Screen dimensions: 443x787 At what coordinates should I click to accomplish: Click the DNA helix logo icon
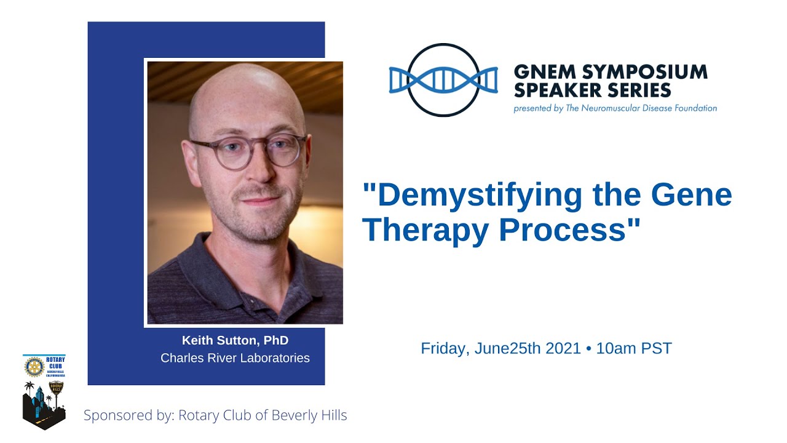tap(443, 80)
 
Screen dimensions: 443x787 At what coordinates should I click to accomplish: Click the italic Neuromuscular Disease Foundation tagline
tap(615, 108)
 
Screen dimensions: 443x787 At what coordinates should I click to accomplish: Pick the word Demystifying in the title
tap(473, 196)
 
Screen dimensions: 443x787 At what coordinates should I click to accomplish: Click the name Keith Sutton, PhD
tap(235, 341)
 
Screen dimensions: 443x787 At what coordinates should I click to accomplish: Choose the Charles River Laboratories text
tap(235, 358)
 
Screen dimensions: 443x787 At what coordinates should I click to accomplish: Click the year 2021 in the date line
tap(561, 348)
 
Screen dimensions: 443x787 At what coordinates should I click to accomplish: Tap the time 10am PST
tap(634, 348)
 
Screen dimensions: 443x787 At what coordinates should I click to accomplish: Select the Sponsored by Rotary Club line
tap(215, 415)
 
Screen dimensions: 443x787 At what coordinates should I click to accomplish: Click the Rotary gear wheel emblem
tap(34, 367)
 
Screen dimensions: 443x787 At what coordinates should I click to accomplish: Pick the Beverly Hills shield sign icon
tap(56, 388)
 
